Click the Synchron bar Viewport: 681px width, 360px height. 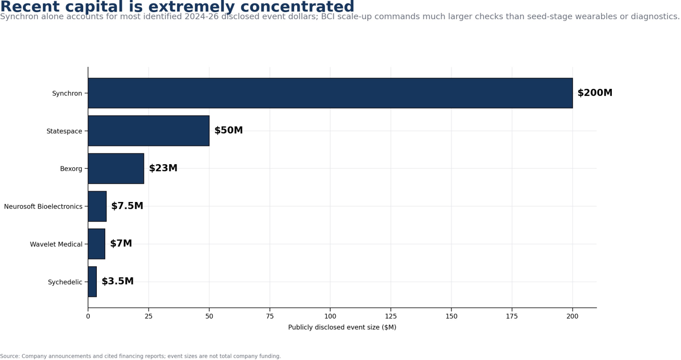tap(330, 93)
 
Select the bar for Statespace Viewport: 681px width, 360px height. tap(149, 130)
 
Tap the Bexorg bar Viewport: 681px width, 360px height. tap(116, 168)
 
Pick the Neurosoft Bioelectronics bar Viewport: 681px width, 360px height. tap(97, 206)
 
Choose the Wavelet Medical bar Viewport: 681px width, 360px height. tap(97, 244)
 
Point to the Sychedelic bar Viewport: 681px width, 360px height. tap(93, 281)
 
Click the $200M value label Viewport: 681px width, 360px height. tap(595, 93)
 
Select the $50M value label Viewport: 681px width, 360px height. tap(229, 130)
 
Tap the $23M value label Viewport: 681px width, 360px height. tap(163, 168)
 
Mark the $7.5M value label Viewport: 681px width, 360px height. tap(127, 206)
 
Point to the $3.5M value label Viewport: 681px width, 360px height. tap(117, 281)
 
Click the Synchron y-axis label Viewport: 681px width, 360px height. tap(67, 93)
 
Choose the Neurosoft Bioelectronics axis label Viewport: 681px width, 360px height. tap(43, 207)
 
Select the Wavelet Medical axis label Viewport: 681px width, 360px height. tap(56, 244)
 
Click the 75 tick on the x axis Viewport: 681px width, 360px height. tap(270, 316)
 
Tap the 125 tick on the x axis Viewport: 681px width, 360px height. tap(391, 316)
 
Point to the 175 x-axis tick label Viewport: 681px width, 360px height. tap(512, 316)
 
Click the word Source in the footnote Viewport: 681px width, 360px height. tap(9, 356)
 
